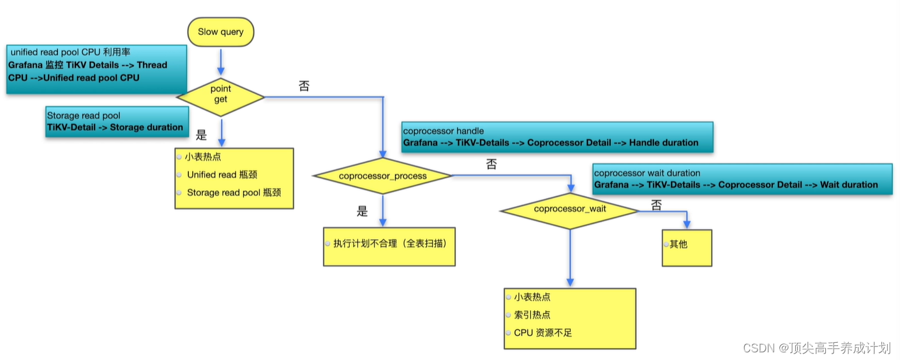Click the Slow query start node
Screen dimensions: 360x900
click(220, 32)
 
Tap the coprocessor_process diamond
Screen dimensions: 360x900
click(381, 176)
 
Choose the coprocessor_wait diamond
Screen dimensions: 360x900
click(569, 209)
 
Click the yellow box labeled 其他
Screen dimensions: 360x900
click(686, 247)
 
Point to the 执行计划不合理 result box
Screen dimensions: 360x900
click(389, 246)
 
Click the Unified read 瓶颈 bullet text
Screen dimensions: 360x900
click(221, 175)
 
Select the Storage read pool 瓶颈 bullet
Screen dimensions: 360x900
click(233, 192)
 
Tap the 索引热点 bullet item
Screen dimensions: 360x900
click(532, 315)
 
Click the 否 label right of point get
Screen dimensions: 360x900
click(304, 86)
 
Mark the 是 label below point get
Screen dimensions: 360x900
click(202, 135)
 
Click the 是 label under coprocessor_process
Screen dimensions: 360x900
click(363, 211)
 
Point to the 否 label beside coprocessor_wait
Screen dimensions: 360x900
click(656, 205)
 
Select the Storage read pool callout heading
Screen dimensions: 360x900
click(84, 116)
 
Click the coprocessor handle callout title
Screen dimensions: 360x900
click(443, 131)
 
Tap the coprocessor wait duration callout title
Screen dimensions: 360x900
click(647, 173)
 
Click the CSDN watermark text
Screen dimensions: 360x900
click(816, 348)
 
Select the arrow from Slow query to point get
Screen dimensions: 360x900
click(220, 63)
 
